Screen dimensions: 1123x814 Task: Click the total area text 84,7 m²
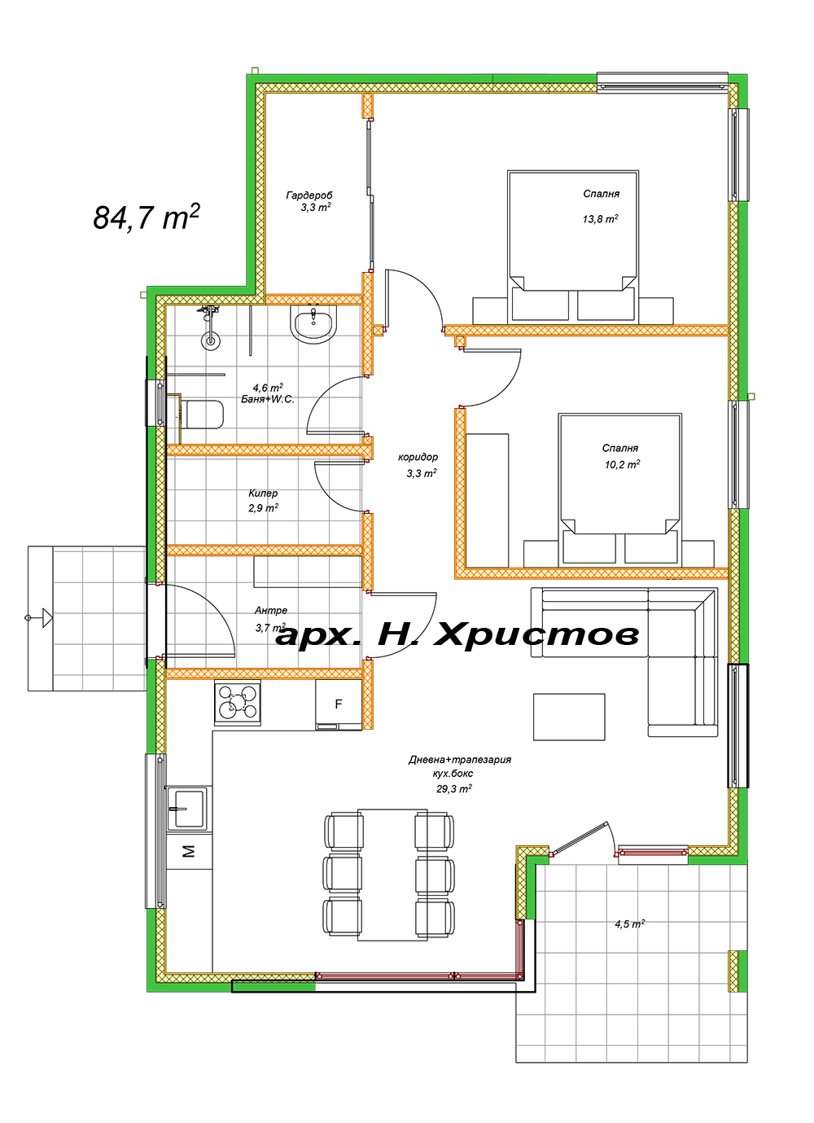point(147,217)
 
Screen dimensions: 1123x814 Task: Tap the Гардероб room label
point(309,195)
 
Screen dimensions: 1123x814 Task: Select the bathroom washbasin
point(313,324)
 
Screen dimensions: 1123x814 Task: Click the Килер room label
point(263,494)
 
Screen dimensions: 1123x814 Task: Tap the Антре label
point(270,610)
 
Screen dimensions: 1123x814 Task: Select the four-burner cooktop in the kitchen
point(238,703)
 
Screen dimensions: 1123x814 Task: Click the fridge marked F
point(339,705)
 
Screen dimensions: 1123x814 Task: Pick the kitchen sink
point(187,808)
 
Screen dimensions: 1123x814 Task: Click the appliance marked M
point(188,852)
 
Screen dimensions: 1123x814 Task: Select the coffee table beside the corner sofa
point(569,717)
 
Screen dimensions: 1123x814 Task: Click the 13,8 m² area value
point(600,219)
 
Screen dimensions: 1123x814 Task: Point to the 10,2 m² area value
point(622,464)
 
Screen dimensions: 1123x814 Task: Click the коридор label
point(418,458)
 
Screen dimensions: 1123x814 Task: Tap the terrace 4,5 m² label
point(629,924)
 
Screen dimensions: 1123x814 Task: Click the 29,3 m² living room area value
point(453,788)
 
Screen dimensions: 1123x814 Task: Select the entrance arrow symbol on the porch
point(42,618)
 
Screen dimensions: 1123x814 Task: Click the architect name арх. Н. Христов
point(457,634)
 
